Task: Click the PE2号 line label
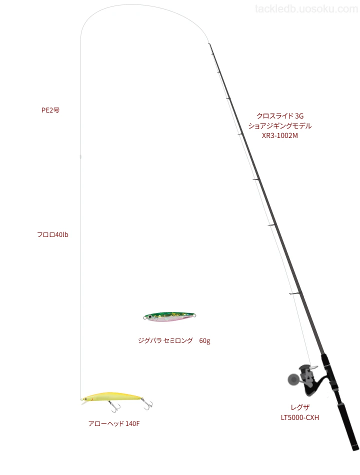pyautogui.click(x=50, y=110)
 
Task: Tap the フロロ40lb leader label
pyautogui.click(x=52, y=234)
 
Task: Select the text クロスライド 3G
pyautogui.click(x=280, y=115)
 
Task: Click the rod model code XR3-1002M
pyautogui.click(x=280, y=135)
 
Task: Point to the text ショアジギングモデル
pyautogui.click(x=280, y=125)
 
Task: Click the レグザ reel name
pyautogui.click(x=300, y=407)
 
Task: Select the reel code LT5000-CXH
pyautogui.click(x=300, y=417)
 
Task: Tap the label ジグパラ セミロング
pyautogui.click(x=165, y=340)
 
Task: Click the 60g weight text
pyautogui.click(x=204, y=341)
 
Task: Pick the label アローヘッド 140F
pyautogui.click(x=114, y=423)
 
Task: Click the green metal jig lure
pyautogui.click(x=169, y=316)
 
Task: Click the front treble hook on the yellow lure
pyautogui.click(x=114, y=406)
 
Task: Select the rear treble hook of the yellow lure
pyautogui.click(x=148, y=404)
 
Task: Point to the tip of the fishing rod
pyautogui.click(x=209, y=44)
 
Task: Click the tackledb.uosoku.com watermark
pyautogui.click(x=306, y=9)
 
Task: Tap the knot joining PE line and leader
pyautogui.click(x=80, y=156)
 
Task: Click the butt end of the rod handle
pyautogui.click(x=356, y=448)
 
